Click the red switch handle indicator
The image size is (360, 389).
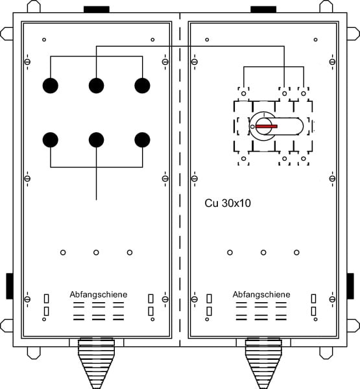267,126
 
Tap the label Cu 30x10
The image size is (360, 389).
228,203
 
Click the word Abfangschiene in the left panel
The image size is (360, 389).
99,294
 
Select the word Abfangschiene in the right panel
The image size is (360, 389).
261,294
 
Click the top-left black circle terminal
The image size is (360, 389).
51,86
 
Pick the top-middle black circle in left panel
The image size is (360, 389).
97,86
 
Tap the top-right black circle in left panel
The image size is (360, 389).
142,86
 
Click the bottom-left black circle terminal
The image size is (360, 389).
51,139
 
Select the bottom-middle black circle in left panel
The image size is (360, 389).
97,139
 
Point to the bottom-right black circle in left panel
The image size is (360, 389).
142,139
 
